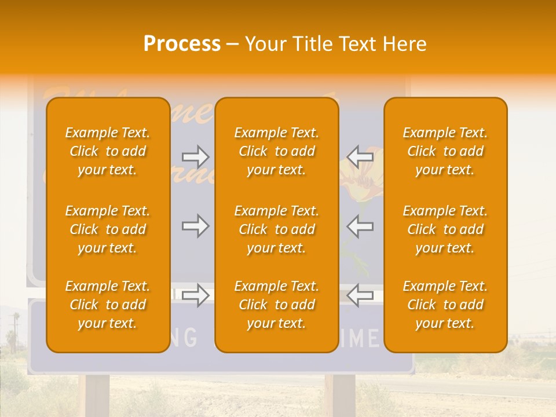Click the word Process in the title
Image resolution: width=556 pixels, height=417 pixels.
tap(182, 44)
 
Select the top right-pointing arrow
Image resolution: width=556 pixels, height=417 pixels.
tap(195, 157)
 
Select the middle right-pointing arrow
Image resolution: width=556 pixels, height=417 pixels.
tap(195, 226)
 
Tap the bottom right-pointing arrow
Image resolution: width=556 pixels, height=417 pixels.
tap(195, 295)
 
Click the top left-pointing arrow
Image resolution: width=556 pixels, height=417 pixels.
tap(360, 157)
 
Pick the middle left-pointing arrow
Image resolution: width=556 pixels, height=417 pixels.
tap(360, 226)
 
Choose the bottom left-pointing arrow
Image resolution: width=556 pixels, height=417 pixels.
tap(360, 295)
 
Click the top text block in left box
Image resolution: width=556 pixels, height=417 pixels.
tap(108, 151)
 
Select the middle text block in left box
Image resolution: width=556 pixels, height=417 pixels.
tap(108, 229)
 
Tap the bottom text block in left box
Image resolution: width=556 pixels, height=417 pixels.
tap(108, 305)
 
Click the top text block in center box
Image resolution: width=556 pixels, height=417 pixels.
tap(276, 151)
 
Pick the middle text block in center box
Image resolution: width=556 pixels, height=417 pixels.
tap(276, 229)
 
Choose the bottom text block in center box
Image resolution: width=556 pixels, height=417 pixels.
tap(276, 305)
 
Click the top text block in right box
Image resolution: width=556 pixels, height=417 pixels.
tap(445, 151)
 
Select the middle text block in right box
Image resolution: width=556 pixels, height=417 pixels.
tap(445, 229)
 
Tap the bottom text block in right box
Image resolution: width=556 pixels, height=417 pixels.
tap(445, 305)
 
